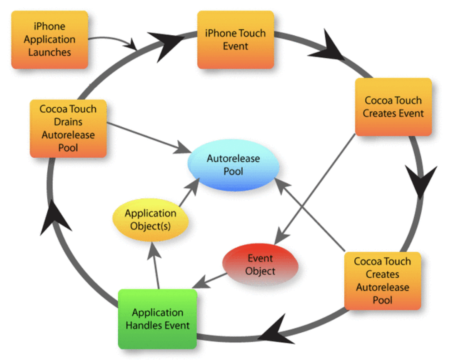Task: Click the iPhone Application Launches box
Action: pyautogui.click(x=50, y=40)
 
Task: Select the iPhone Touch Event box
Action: pyautogui.click(x=235, y=40)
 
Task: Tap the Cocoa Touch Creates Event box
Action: pyautogui.click(x=393, y=107)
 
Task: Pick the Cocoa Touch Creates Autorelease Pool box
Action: pyautogui.click(x=382, y=280)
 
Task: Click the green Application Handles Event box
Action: pyautogui.click(x=157, y=319)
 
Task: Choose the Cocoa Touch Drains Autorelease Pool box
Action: pyautogui.click(x=68, y=128)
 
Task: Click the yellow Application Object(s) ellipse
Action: pyautogui.click(x=150, y=220)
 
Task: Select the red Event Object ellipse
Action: pyautogui.click(x=260, y=265)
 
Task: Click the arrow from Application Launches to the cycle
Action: pyautogui.click(x=112, y=39)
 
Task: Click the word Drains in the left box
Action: pyautogui.click(x=68, y=122)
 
